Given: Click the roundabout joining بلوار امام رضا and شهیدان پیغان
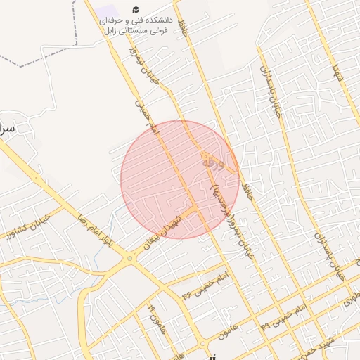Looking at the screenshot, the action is coord(129,259).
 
